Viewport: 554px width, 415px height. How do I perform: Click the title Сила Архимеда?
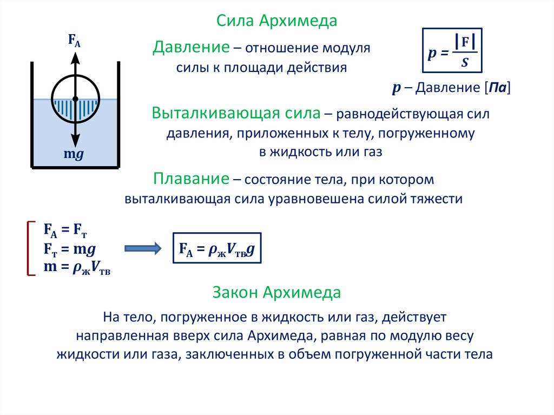click(276, 21)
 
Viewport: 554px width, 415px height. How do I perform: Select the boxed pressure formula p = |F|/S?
click(452, 51)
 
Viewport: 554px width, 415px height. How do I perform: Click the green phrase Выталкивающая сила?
click(236, 114)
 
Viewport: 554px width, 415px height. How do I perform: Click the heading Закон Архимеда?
click(276, 293)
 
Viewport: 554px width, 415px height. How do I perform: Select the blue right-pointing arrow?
click(143, 248)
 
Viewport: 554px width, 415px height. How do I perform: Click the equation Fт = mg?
click(69, 249)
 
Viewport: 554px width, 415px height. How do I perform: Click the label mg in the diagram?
click(74, 154)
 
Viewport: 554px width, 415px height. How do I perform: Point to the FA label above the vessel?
click(74, 41)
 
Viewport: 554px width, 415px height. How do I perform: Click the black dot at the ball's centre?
click(75, 98)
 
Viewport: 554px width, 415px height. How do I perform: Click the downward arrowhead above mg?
click(75, 140)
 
